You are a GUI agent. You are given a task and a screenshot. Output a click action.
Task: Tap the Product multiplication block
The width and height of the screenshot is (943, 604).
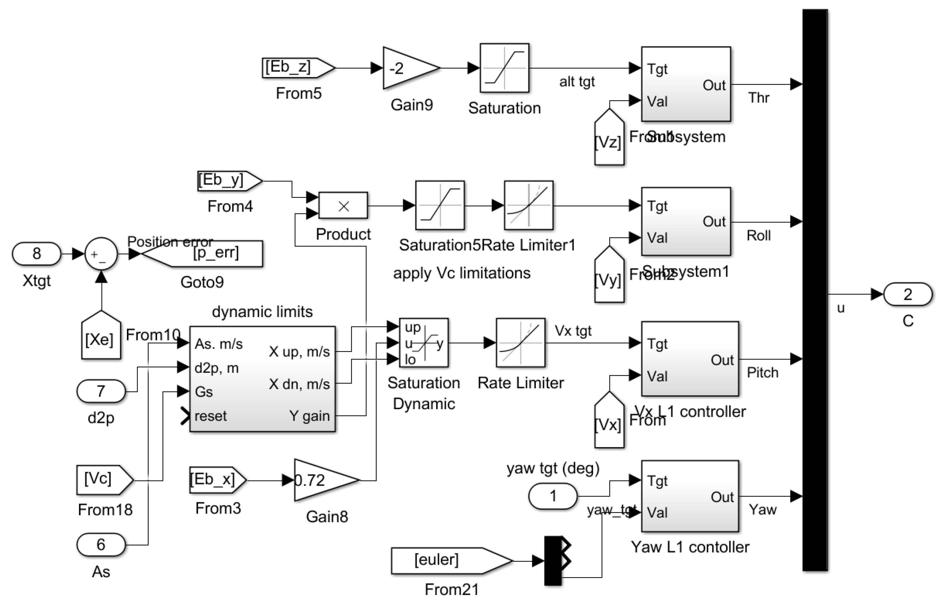[343, 206]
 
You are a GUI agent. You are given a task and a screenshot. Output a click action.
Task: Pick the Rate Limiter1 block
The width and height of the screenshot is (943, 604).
[528, 205]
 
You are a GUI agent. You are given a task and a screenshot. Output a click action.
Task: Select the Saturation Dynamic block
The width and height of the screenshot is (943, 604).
[423, 343]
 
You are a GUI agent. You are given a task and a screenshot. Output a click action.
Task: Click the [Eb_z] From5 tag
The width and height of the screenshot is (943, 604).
[297, 68]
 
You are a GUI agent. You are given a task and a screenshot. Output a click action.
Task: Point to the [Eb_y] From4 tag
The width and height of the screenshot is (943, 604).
[228, 181]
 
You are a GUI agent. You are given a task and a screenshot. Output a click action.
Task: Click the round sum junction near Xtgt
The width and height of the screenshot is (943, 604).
[101, 254]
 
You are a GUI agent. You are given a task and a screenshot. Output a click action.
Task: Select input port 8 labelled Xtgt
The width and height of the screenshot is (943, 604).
[36, 254]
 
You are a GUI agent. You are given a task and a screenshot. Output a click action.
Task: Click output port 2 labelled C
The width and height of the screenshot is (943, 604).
[908, 294]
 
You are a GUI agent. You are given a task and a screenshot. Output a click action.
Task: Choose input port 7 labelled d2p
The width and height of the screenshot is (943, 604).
[101, 391]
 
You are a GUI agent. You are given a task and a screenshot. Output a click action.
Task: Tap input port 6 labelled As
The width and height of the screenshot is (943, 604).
[101, 544]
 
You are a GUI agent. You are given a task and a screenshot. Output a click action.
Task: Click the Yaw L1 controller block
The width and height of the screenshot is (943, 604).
[690, 496]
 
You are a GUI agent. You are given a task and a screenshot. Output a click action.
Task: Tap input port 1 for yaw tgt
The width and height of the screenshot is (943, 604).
[553, 496]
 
